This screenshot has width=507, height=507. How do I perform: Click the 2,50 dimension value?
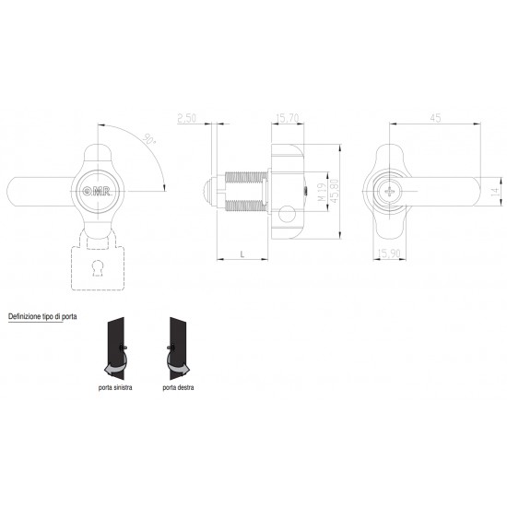[x=187, y=118]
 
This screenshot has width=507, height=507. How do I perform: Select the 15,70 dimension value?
[x=288, y=118]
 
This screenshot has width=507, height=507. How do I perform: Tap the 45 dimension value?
[x=435, y=118]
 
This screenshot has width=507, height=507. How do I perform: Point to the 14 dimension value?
[x=495, y=192]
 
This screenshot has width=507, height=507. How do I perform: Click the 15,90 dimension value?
[x=389, y=253]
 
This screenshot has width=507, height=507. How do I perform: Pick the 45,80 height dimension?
[x=335, y=192]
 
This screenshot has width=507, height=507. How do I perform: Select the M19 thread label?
[x=322, y=192]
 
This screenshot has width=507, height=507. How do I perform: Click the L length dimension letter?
[x=242, y=253]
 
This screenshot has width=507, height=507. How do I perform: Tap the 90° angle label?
[x=149, y=139]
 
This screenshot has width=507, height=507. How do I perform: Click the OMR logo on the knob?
[x=97, y=192]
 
